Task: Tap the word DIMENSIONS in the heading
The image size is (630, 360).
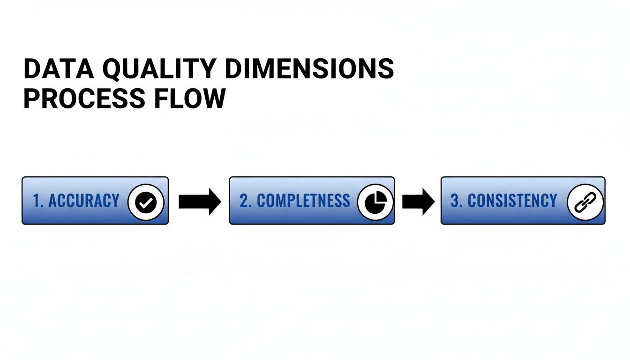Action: (309, 69)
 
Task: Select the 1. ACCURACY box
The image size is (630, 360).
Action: (95, 201)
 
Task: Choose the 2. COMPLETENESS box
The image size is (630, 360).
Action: (312, 201)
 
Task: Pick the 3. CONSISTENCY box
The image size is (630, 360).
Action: (523, 201)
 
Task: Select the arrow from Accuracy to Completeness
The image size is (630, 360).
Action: (199, 202)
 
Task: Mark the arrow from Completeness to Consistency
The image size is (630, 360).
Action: (418, 202)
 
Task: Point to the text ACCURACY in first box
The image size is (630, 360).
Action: (84, 201)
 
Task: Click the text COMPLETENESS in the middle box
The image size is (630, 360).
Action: (303, 201)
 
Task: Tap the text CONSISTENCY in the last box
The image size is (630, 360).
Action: (512, 201)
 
